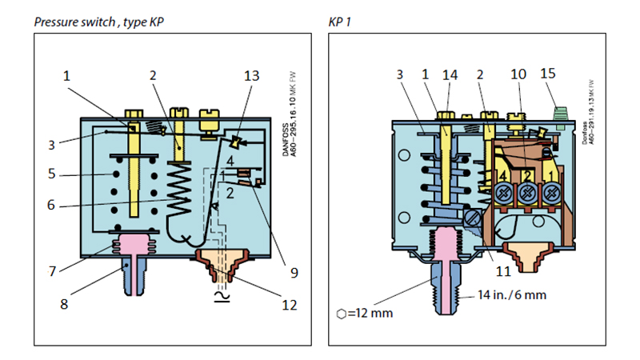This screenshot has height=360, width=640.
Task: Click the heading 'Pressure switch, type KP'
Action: pos(98,22)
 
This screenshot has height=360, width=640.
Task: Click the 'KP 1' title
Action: pos(339,22)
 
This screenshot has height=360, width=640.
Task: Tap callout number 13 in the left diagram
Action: pos(251,75)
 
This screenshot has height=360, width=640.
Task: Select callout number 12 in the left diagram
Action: pos(290,305)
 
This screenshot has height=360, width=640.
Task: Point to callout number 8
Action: pos(64,304)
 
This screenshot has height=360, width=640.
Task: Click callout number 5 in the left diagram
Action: pos(51,174)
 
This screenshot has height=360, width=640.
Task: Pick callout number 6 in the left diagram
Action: pos(51,205)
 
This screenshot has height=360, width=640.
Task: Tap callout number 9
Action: pos(294,273)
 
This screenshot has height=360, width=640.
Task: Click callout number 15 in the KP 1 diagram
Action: pos(548,74)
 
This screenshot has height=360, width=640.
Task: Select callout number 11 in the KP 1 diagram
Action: pos(503,271)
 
